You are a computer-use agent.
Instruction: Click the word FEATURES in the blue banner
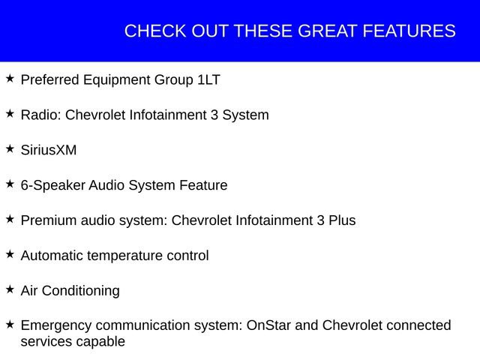pyautogui.click(x=409, y=31)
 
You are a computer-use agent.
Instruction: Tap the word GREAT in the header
pyautogui.click(x=327, y=31)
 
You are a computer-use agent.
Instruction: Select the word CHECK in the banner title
pyautogui.click(x=155, y=31)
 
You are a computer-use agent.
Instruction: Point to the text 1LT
pyautogui.click(x=208, y=79)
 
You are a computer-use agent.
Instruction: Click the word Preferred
pyautogui.click(x=50, y=79)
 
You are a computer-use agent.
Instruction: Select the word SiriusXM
pyautogui.click(x=49, y=150)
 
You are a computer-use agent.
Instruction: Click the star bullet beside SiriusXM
pyautogui.click(x=10, y=149)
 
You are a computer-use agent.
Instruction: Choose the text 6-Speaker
pyautogui.click(x=53, y=186)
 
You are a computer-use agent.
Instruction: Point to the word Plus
pyautogui.click(x=342, y=220)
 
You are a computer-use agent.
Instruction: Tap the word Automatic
pyautogui.click(x=52, y=256)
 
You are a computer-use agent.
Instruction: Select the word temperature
pyautogui.click(x=125, y=256)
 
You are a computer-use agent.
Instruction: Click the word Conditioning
pyautogui.click(x=81, y=292)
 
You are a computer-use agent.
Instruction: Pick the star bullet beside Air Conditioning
pyautogui.click(x=10, y=289)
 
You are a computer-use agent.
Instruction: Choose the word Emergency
pyautogui.click(x=56, y=326)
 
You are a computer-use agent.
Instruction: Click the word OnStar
pyautogui.click(x=268, y=325)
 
